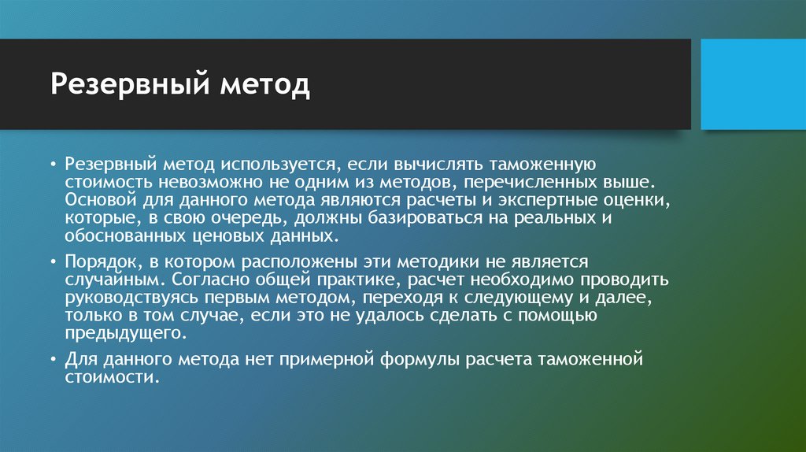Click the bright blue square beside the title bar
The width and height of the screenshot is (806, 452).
753,84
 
